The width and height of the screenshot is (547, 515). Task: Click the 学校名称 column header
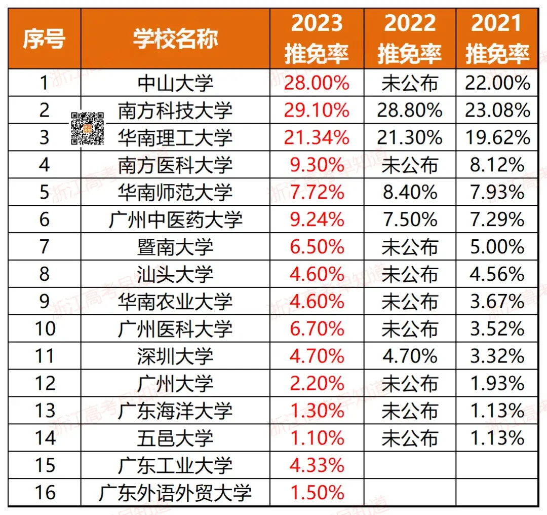click(x=175, y=39)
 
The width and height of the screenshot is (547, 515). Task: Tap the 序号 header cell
click(x=44, y=39)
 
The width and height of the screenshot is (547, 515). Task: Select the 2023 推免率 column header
click(x=317, y=39)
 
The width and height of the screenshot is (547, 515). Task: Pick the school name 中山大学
click(x=175, y=83)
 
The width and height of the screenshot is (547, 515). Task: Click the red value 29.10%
click(x=317, y=111)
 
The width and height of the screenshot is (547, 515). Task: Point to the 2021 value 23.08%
click(x=497, y=111)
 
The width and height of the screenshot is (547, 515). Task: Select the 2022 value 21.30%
click(x=410, y=138)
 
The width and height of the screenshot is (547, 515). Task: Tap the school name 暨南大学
click(x=175, y=247)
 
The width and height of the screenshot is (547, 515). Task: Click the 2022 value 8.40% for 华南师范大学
click(x=410, y=193)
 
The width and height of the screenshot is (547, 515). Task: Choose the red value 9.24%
click(x=317, y=220)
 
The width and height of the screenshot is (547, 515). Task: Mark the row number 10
click(x=44, y=329)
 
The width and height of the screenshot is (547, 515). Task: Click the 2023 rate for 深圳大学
click(x=317, y=357)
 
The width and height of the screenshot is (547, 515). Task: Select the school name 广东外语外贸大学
click(x=175, y=493)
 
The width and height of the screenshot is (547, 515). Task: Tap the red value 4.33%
click(x=317, y=466)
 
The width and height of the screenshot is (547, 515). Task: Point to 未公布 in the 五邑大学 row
click(x=410, y=438)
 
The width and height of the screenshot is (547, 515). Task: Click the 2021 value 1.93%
click(x=497, y=384)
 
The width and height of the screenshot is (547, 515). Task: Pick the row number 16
click(x=44, y=493)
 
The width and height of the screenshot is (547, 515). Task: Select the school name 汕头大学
click(x=175, y=275)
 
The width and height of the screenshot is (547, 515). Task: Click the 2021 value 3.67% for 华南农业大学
click(x=497, y=302)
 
